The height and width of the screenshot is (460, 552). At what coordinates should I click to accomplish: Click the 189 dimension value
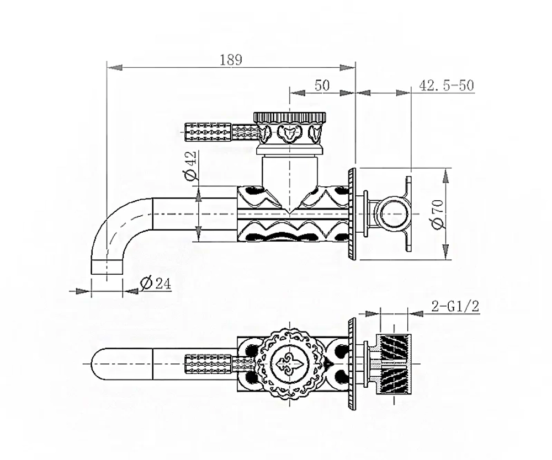(231, 60)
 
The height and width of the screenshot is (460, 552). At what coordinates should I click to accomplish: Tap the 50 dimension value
(322, 85)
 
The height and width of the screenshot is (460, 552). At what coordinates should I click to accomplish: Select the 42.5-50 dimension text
(447, 85)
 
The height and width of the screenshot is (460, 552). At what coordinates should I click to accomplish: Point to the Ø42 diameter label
(190, 165)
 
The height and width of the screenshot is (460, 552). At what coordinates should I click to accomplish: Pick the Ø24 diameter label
(155, 283)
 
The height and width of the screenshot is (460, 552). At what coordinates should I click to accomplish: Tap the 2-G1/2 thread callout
(455, 306)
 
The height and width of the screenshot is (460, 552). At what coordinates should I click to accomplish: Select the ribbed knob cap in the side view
(290, 117)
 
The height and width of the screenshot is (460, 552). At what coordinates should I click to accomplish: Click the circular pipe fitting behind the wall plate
(391, 214)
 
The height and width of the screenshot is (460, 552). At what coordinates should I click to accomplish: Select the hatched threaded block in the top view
(394, 364)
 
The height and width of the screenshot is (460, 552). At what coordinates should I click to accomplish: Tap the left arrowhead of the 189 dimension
(114, 67)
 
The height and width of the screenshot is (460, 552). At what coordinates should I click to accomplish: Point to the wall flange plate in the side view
(352, 214)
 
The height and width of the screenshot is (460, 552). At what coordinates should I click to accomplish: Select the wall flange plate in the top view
(352, 364)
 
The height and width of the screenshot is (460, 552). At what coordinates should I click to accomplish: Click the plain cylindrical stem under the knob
(290, 172)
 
